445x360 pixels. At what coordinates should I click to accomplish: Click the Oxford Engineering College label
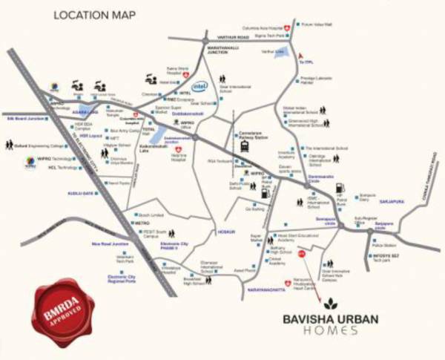click(36, 146)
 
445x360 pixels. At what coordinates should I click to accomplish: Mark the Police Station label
click(384, 244)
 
